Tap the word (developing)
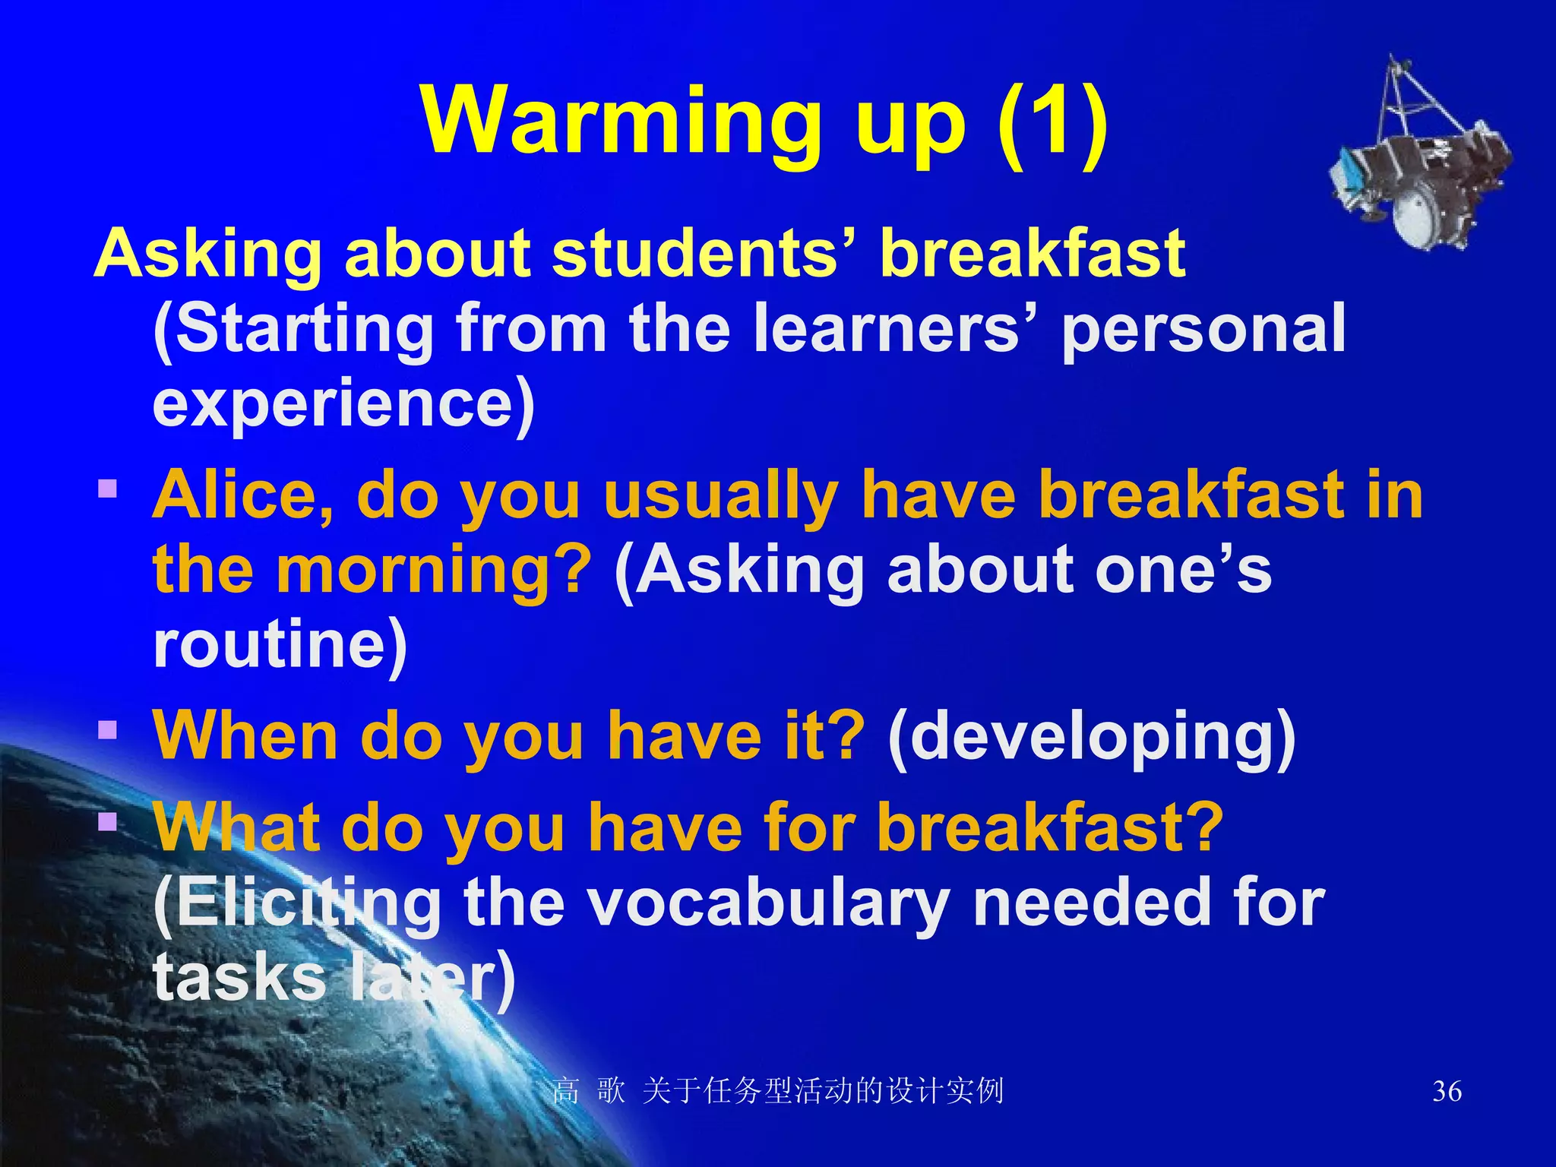1091,735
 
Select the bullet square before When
108,729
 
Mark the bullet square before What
108,821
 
